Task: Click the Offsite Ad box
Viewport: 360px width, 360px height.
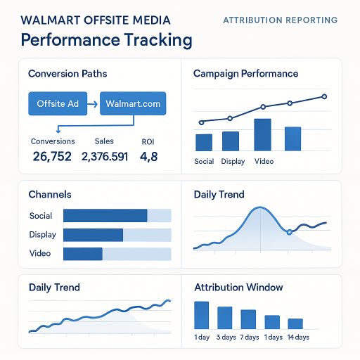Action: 58,104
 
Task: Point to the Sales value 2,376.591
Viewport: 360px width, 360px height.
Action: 105,156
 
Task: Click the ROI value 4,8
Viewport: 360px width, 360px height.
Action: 149,156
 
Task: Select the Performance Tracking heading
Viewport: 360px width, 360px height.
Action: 106,40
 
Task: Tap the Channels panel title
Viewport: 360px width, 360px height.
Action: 49,194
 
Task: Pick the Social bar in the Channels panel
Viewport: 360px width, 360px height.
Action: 105,216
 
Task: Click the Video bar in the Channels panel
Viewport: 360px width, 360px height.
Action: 83,254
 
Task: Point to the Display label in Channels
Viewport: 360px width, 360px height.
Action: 43,235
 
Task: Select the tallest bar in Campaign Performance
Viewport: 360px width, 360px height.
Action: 262,134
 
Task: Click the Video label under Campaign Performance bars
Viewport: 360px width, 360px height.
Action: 264,161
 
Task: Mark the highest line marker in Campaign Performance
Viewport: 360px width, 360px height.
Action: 324,96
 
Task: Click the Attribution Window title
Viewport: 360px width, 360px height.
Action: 238,288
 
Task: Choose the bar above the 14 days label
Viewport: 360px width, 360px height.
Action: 295,323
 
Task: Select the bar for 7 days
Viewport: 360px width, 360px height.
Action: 248,319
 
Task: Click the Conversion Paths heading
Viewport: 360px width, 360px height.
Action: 67,73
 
